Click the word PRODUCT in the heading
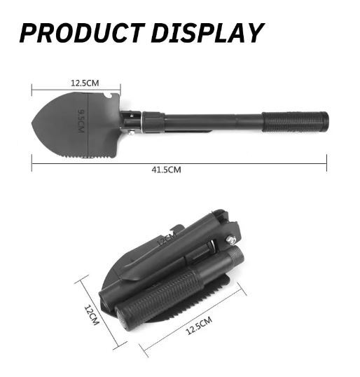coord(82,33)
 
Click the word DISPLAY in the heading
coord(207,33)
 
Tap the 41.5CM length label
coord(166,170)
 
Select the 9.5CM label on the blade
coord(81,121)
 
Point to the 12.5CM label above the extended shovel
coord(85,83)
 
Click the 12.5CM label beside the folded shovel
coord(199,325)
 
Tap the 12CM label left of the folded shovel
coord(92,315)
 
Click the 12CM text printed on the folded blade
coord(167,239)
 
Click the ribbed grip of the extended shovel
coord(295,122)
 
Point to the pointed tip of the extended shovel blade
coord(32,122)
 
